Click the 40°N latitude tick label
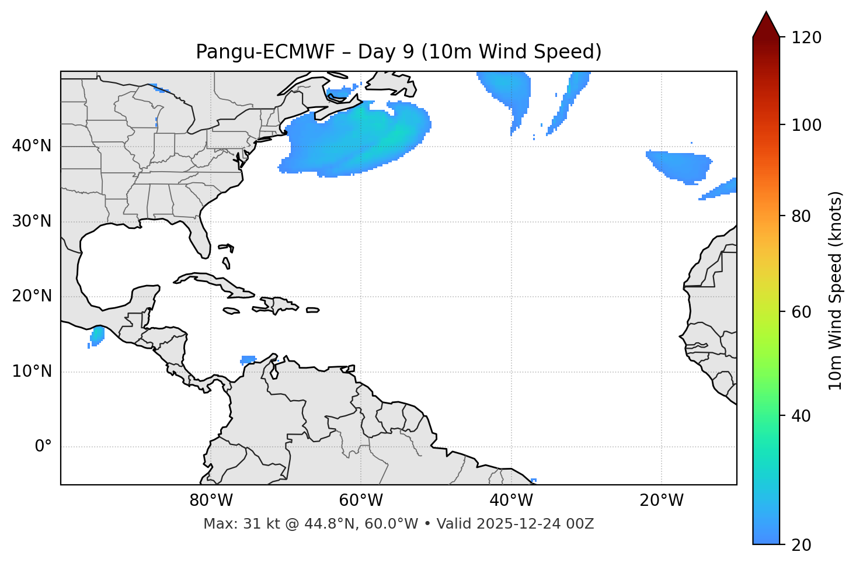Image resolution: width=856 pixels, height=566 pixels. pyautogui.click(x=32, y=146)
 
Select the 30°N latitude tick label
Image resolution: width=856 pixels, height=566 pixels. pyautogui.click(x=32, y=221)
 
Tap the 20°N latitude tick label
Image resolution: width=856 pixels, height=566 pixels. pyautogui.click(x=32, y=296)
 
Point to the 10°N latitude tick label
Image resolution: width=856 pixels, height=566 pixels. pyautogui.click(x=32, y=371)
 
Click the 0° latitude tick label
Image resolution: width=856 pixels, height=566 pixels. pyautogui.click(x=43, y=447)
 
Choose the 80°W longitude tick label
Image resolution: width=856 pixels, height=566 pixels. pyautogui.click(x=211, y=501)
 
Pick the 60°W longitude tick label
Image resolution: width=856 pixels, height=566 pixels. pyautogui.click(x=361, y=501)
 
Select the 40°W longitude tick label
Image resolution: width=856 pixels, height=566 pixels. pyautogui.click(x=511, y=501)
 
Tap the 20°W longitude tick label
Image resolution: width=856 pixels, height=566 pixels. pyautogui.click(x=662, y=501)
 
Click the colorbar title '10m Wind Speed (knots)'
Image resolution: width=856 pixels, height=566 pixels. pyautogui.click(x=836, y=291)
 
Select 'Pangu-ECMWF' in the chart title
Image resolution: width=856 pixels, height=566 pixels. pyautogui.click(x=266, y=52)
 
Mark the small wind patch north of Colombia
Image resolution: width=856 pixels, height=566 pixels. pyautogui.click(x=249, y=359)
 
